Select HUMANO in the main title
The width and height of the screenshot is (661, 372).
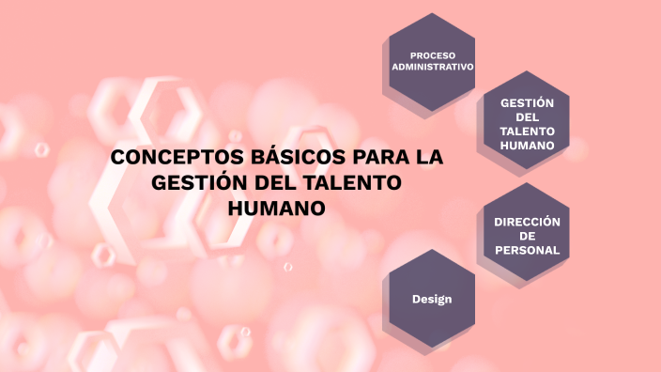(x=277, y=207)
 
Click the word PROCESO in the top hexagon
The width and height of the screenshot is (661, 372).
(x=432, y=55)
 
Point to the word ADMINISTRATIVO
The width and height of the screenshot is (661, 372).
(x=432, y=68)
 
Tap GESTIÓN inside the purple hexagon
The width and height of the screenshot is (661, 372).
(x=527, y=102)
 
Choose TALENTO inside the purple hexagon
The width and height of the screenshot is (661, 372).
(x=527, y=132)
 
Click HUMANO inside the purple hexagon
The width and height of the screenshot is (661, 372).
(x=527, y=146)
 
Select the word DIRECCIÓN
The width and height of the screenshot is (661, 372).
(x=527, y=222)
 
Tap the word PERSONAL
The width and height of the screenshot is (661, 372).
(x=527, y=250)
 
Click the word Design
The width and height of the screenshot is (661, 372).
(x=432, y=299)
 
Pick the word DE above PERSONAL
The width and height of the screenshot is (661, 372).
(x=527, y=236)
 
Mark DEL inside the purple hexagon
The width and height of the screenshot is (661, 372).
(x=527, y=116)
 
